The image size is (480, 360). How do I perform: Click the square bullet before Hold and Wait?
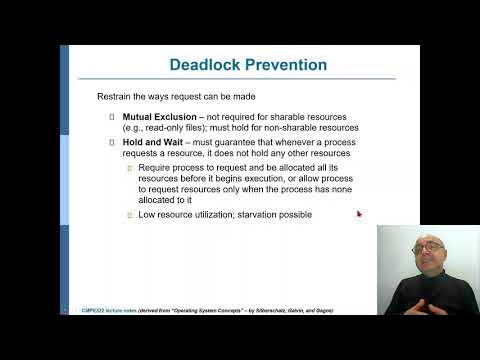pos(112,143)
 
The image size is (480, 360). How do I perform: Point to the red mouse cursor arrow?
pos(359,213)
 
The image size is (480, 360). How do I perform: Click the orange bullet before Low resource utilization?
pos(128,214)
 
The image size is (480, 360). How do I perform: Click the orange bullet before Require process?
pos(128,168)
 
